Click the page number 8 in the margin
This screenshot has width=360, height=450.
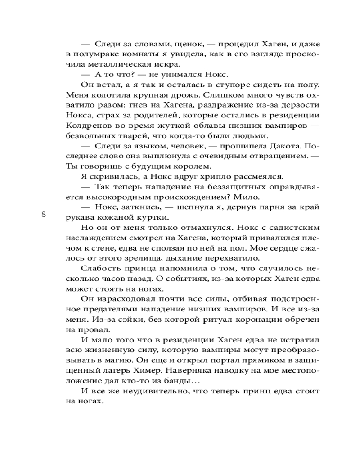click(44, 214)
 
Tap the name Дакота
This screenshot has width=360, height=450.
click(272, 147)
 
